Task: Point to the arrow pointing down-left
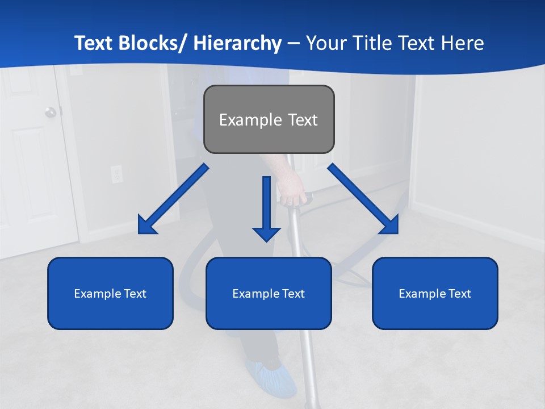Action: click(x=173, y=199)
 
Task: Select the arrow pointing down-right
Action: click(x=363, y=199)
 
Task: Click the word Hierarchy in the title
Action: click(x=237, y=43)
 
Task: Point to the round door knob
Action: click(x=51, y=112)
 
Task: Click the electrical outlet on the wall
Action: click(x=116, y=173)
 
